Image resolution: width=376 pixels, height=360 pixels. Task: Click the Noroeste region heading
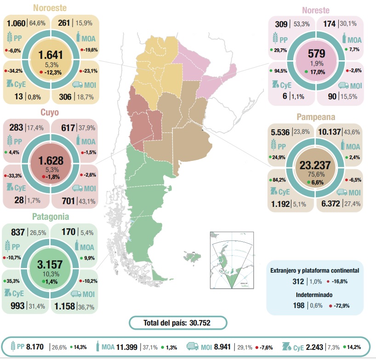[50, 8]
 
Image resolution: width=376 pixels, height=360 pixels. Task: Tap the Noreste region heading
[315, 10]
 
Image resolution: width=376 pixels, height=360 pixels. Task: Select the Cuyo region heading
[50, 112]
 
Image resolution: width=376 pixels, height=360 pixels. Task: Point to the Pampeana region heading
[315, 117]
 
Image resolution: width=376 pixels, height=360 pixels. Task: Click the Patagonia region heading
[50, 216]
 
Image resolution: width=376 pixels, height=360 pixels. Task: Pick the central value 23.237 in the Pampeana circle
[316, 166]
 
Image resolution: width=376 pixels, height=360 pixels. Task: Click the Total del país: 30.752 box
[178, 323]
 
